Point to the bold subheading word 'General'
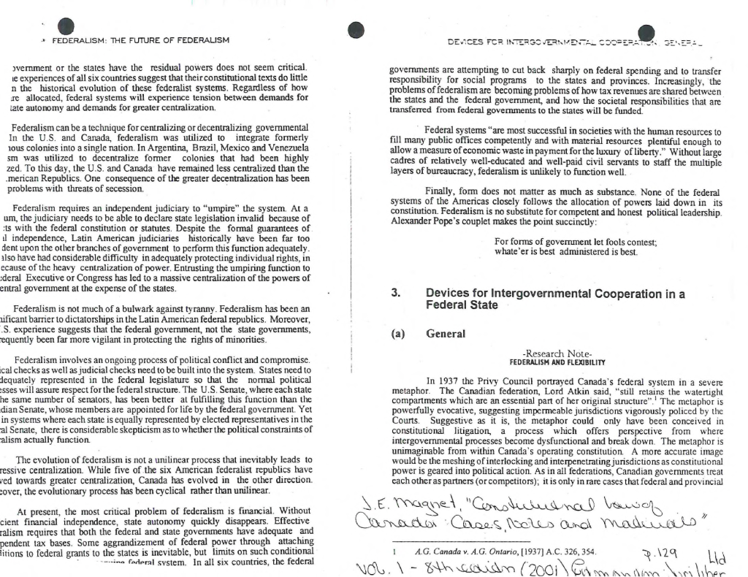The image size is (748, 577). pos(445,334)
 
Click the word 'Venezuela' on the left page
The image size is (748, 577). pos(286,147)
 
